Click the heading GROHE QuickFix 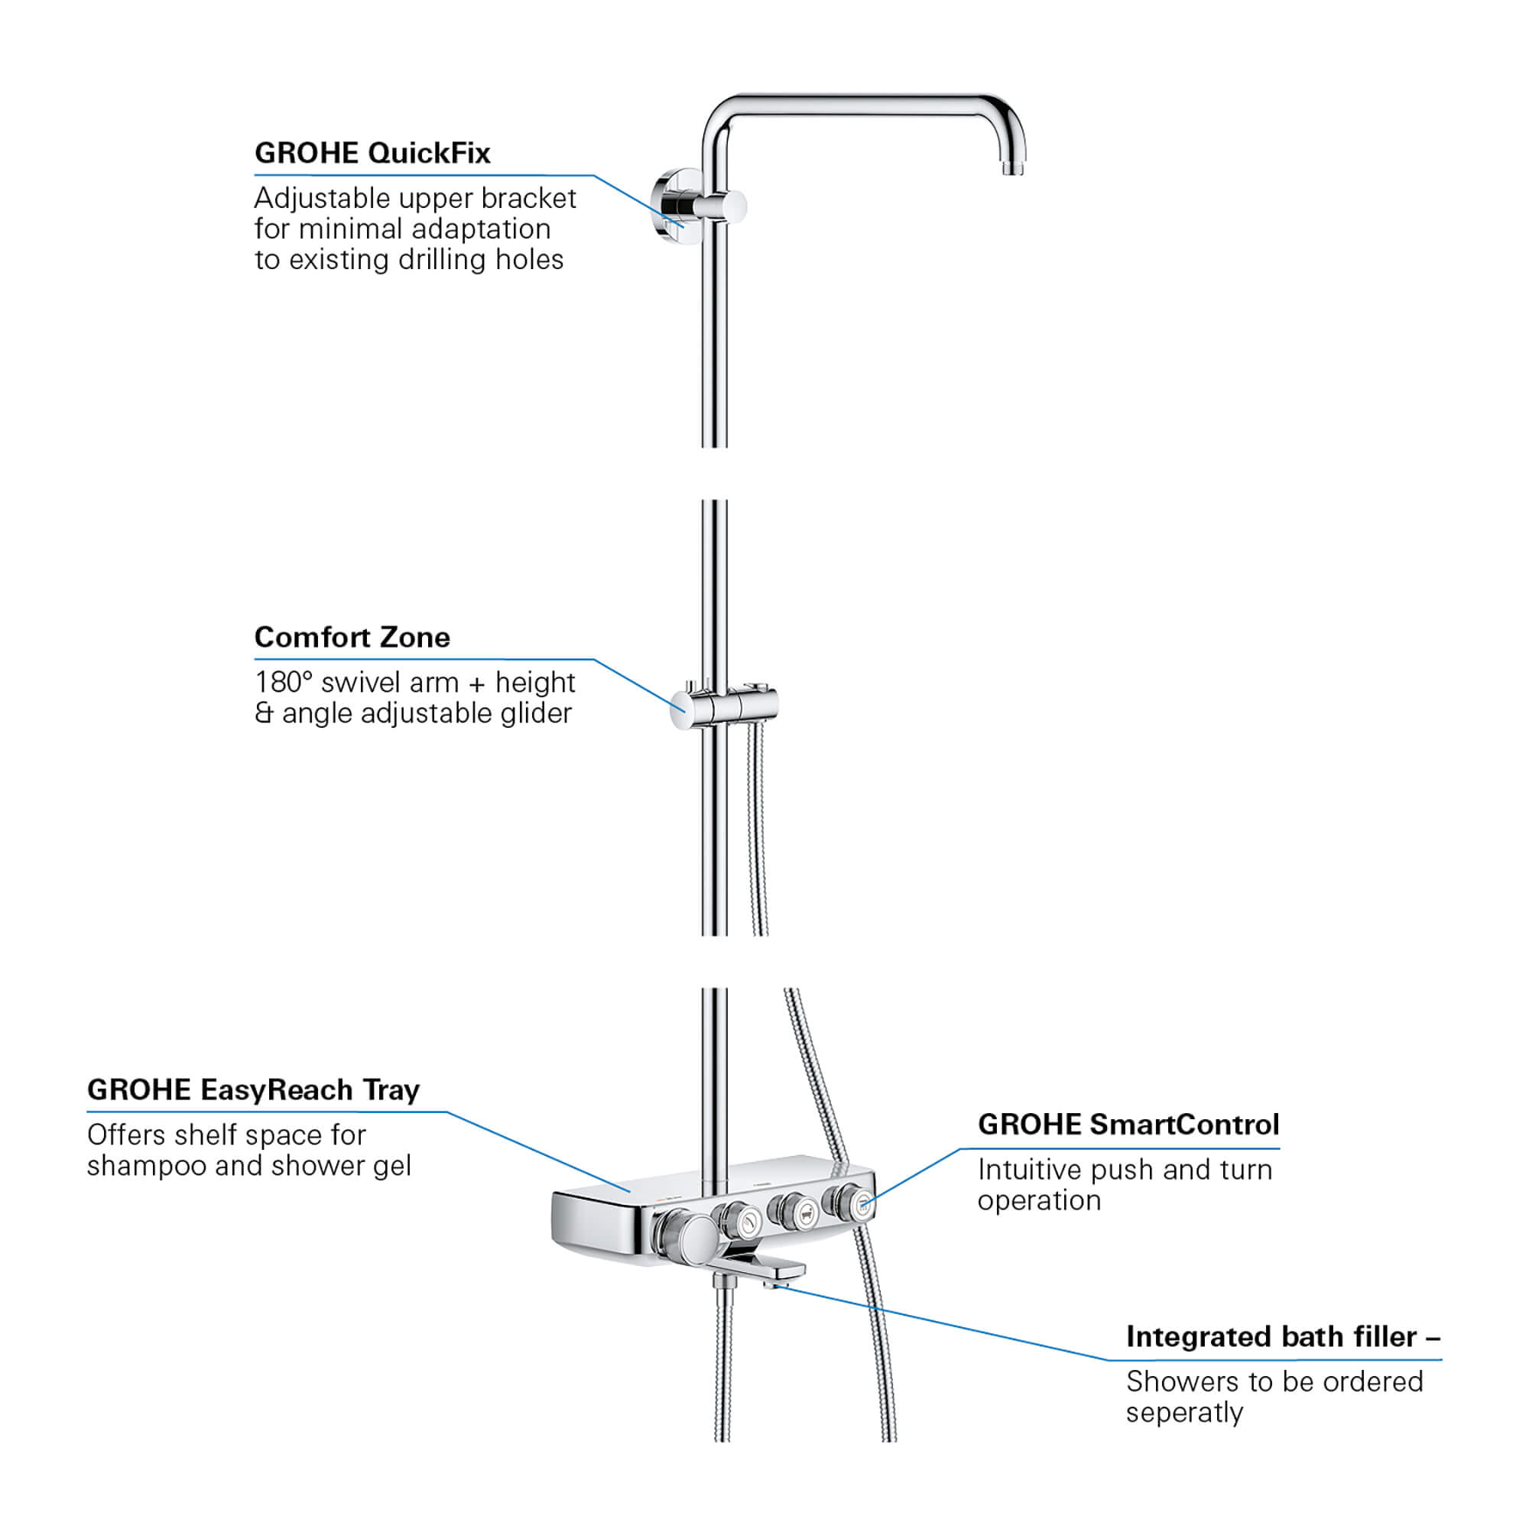point(372,153)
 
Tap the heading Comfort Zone point(352,637)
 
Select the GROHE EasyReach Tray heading point(253,1089)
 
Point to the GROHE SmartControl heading point(1128,1125)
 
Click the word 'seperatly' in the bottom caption point(1184,1413)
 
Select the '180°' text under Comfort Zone point(284,682)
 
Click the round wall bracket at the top point(673,206)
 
